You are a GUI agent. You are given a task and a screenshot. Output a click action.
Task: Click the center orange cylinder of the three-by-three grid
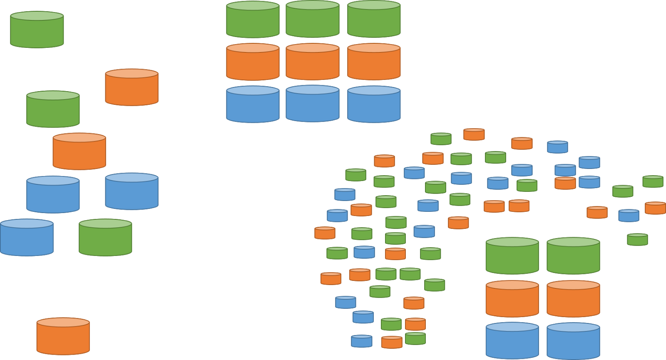click(x=312, y=62)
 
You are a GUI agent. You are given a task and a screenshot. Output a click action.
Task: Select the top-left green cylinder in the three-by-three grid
click(x=253, y=20)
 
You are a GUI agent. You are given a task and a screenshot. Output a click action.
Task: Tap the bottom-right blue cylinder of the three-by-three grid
click(x=374, y=104)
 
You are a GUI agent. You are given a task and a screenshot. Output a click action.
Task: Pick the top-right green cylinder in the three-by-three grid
click(x=374, y=20)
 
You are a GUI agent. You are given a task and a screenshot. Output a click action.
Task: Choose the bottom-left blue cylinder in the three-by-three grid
click(x=253, y=104)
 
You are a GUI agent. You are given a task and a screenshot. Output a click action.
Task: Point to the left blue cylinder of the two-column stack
click(x=512, y=341)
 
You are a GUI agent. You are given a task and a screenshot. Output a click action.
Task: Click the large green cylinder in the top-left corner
click(x=37, y=30)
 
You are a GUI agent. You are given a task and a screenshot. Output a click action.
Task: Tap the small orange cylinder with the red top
click(x=565, y=183)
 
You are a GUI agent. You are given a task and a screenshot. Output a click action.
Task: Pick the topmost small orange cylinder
click(x=474, y=134)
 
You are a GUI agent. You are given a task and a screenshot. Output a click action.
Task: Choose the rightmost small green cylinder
click(x=653, y=181)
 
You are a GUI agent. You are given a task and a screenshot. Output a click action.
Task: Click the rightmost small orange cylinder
click(x=655, y=208)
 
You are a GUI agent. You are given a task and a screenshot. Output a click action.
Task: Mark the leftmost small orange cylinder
click(x=325, y=233)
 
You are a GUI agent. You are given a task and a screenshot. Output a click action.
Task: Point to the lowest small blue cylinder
click(x=361, y=341)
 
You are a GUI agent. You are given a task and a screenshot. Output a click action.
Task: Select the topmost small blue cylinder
click(x=557, y=147)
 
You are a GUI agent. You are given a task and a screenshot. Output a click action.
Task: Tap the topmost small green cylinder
click(x=441, y=139)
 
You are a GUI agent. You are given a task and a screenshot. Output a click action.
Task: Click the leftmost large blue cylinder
click(x=27, y=238)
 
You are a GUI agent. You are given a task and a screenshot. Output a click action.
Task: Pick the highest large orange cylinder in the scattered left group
click(x=132, y=87)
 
